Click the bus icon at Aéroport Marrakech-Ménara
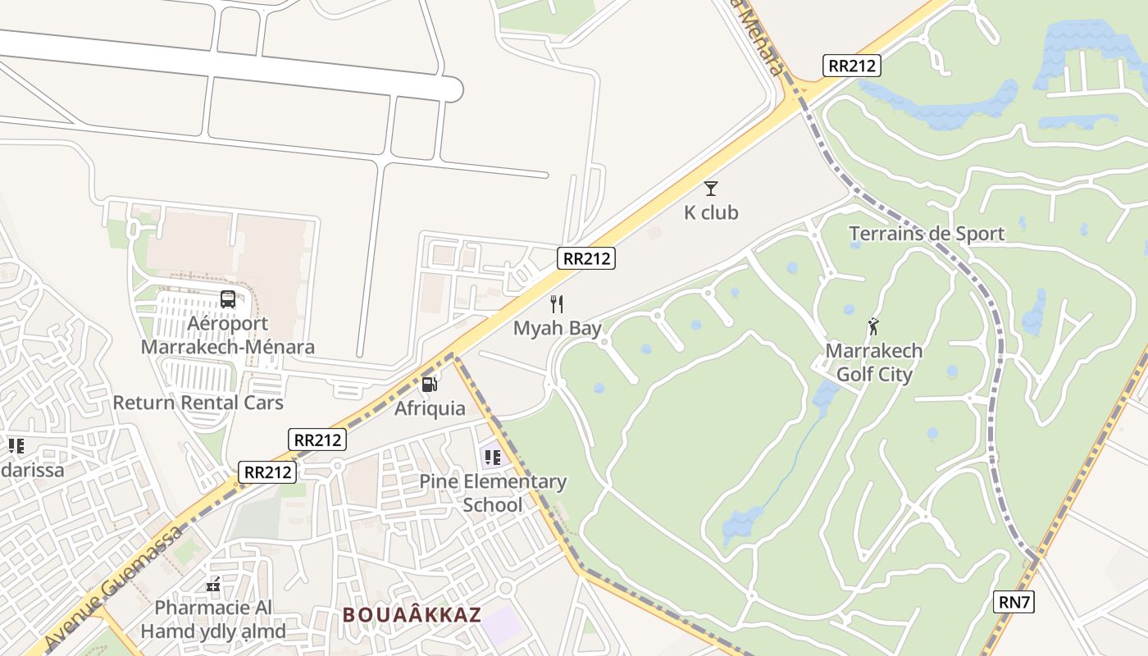(x=228, y=299)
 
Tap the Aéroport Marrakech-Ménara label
(x=228, y=335)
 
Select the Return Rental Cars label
(x=198, y=403)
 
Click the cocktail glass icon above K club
(x=711, y=189)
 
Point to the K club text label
(x=711, y=212)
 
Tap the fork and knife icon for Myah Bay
(x=558, y=304)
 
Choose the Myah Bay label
(x=558, y=328)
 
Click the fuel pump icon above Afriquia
(x=430, y=384)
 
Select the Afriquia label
(x=430, y=408)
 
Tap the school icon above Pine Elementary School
(x=492, y=457)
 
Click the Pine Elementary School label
(x=493, y=493)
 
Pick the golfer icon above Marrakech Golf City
(x=873, y=326)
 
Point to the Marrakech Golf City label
(x=873, y=362)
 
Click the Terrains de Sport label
(x=927, y=234)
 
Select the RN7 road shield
(x=1014, y=602)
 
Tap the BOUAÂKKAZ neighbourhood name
(x=412, y=614)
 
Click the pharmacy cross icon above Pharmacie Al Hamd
(x=213, y=585)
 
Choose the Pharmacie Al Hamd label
(x=213, y=619)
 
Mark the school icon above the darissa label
(x=16, y=446)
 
